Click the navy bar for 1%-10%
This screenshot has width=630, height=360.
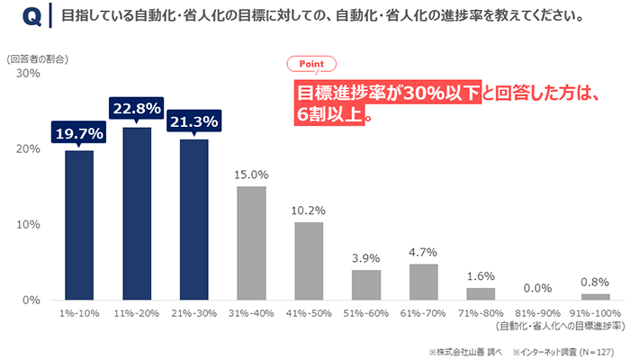(x=79, y=225)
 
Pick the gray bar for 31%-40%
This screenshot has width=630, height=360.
(x=251, y=243)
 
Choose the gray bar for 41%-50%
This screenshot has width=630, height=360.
(x=309, y=261)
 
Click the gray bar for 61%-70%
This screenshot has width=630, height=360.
(x=423, y=282)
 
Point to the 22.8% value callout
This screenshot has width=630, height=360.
(x=137, y=109)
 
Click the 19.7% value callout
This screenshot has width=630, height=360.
(x=79, y=133)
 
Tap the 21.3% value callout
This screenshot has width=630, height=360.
(x=193, y=121)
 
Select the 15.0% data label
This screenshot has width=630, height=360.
(x=251, y=175)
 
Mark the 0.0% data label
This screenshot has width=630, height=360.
(x=537, y=288)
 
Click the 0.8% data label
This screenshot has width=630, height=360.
(x=595, y=282)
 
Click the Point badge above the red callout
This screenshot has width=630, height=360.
(x=310, y=64)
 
